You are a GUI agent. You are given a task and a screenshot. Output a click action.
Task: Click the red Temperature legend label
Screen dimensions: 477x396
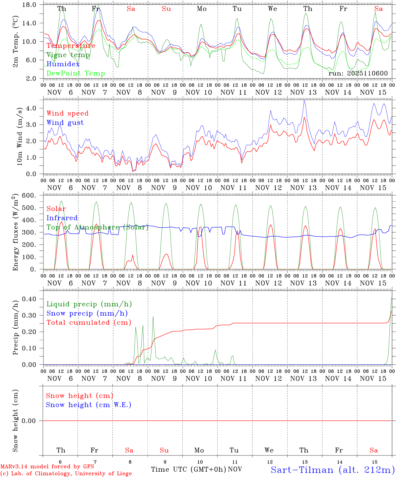click(71, 46)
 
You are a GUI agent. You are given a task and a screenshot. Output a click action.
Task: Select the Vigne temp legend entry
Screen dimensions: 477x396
click(68, 55)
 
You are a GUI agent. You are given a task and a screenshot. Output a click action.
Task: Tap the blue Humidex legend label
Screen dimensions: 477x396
click(63, 64)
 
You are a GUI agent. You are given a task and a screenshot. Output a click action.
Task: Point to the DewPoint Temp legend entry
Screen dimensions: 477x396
click(76, 73)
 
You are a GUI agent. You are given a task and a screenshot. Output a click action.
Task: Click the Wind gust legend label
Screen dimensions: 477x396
click(65, 123)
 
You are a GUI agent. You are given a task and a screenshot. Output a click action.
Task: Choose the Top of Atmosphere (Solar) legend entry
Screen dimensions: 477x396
click(98, 227)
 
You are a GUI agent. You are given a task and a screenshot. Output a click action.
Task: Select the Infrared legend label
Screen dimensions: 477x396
click(62, 218)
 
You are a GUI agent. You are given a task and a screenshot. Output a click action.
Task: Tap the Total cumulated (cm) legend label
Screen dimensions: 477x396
click(89, 322)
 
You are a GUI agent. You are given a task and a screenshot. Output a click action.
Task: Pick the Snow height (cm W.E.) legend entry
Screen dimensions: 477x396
click(89, 405)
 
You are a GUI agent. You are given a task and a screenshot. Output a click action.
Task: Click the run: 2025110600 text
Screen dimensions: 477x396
click(358, 73)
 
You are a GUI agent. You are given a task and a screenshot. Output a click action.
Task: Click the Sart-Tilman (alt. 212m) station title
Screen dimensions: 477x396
click(332, 470)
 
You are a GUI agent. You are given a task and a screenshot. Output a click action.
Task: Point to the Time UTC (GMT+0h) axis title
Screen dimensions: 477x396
click(188, 469)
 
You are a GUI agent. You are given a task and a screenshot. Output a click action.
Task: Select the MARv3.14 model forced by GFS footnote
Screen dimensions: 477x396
click(47, 466)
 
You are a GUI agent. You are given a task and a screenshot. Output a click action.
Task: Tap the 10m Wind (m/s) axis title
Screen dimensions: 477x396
click(20, 136)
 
